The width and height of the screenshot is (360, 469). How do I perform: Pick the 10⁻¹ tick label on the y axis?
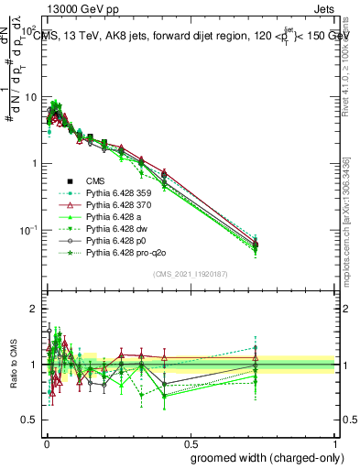coord(27,229)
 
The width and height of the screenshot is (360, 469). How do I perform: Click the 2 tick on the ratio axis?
coord(34,310)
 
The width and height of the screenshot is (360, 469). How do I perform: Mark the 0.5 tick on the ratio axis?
coord(30,420)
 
